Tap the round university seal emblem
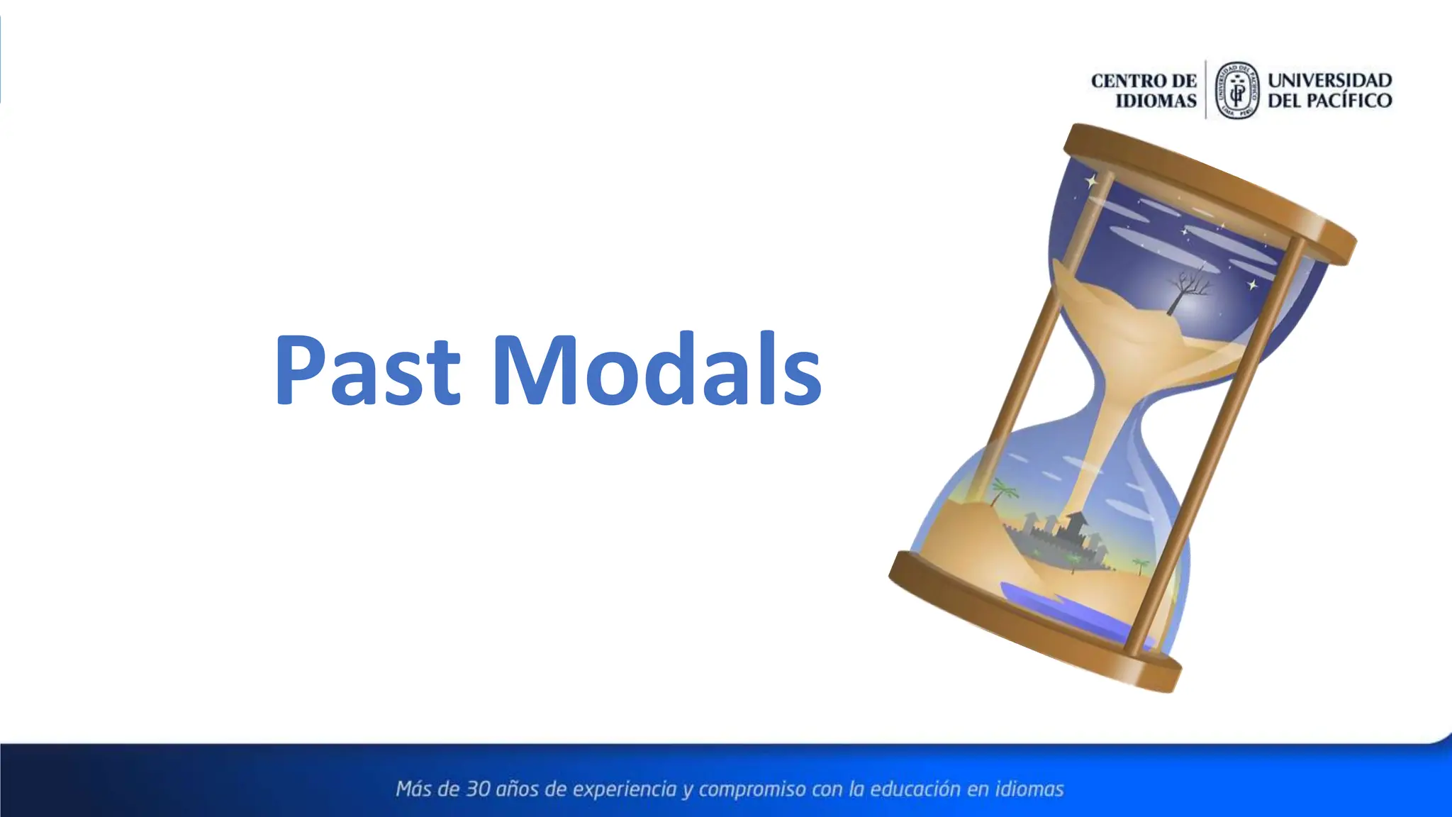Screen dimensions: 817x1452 (1237, 90)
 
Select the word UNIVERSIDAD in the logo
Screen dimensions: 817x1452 (1329, 80)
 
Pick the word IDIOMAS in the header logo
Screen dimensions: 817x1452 (1156, 101)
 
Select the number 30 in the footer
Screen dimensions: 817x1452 (477, 789)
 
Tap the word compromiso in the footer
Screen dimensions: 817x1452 (752, 789)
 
